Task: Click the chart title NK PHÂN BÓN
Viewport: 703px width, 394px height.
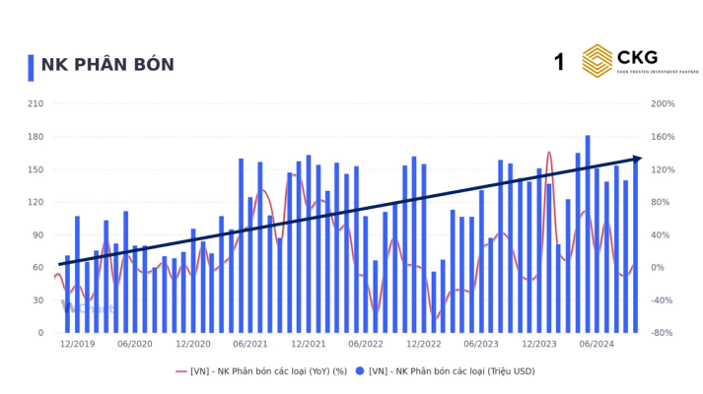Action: tap(107, 65)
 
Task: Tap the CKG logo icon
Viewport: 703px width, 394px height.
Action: tap(598, 60)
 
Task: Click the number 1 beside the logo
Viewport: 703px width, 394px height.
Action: tap(559, 63)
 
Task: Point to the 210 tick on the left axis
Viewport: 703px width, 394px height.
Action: tap(35, 103)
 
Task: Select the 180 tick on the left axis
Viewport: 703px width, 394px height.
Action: tap(35, 136)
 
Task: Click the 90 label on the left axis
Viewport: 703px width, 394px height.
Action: tap(37, 234)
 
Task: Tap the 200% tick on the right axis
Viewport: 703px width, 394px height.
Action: tap(663, 103)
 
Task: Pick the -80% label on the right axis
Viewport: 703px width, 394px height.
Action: tap(663, 333)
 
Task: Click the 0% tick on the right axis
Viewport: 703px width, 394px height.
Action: tap(657, 267)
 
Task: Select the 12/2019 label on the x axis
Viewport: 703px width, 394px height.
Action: tap(77, 344)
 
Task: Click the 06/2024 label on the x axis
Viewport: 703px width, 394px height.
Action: tap(597, 344)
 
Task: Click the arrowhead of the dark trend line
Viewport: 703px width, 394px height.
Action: tap(637, 159)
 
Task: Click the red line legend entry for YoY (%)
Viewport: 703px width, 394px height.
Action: tap(261, 371)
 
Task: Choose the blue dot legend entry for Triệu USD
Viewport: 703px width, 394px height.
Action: tap(445, 371)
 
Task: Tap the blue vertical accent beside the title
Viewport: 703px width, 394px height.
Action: tap(32, 66)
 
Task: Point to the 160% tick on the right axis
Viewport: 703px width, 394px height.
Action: tap(663, 136)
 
